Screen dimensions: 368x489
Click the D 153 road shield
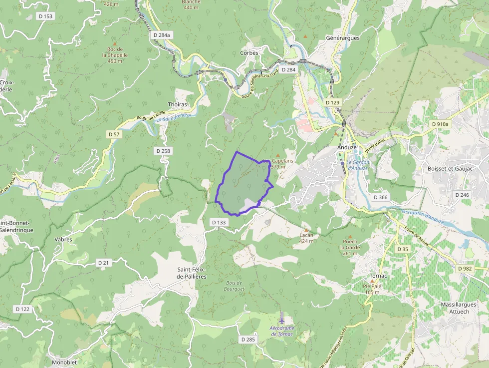[x=45, y=16]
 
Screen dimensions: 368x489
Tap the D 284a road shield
[x=162, y=35]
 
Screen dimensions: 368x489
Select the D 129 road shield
[x=332, y=102]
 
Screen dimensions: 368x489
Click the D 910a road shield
[x=439, y=124]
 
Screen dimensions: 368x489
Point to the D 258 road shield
[x=163, y=151]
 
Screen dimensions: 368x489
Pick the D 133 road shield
[x=219, y=222]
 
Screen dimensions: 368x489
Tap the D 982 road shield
[x=465, y=269]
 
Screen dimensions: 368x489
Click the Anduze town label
[x=347, y=147]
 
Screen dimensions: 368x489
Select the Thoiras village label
[x=178, y=104]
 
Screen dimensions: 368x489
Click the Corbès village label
[x=249, y=52]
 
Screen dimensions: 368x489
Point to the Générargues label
[x=342, y=38]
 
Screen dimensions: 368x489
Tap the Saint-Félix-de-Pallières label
[x=192, y=273]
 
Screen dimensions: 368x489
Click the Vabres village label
[x=63, y=239]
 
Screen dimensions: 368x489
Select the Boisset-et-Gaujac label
[x=451, y=169]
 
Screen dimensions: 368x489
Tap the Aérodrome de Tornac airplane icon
[x=282, y=319]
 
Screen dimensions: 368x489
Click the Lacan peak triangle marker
[x=306, y=230]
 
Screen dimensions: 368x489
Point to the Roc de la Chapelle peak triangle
[x=114, y=44]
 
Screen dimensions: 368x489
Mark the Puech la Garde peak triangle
[x=350, y=237]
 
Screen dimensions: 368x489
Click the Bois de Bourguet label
[x=234, y=286]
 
